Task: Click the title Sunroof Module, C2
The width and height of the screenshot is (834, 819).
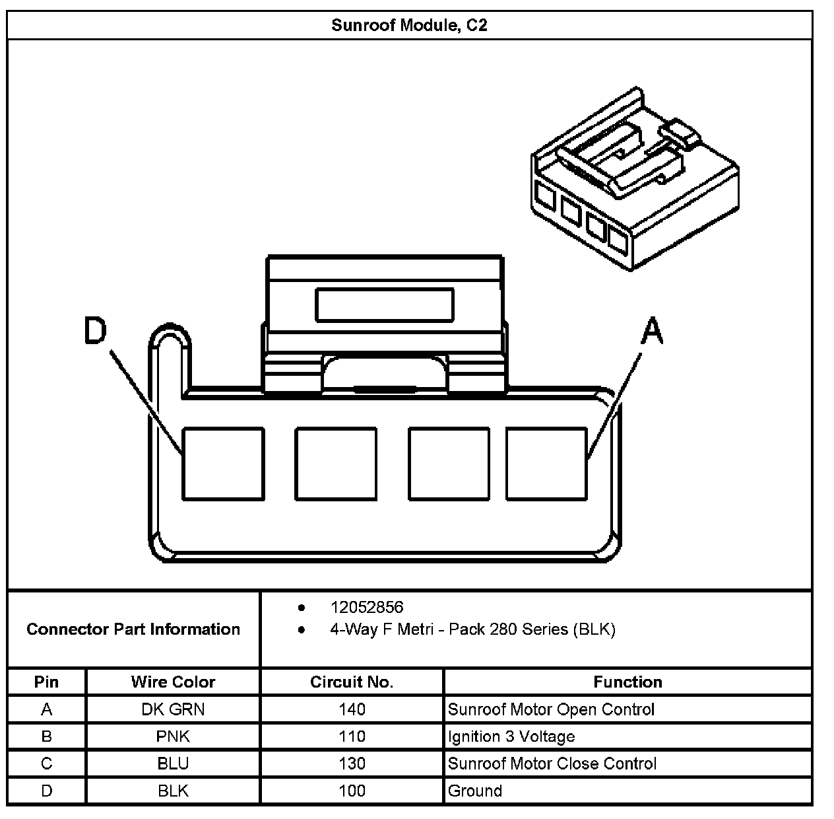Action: point(409,26)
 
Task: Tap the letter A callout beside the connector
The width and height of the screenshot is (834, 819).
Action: point(652,331)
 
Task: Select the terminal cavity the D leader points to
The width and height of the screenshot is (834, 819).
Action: point(223,463)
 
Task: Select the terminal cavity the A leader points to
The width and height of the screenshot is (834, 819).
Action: point(546,463)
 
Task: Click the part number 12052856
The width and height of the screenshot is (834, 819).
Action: point(366,607)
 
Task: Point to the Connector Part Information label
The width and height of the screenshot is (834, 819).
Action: point(133,629)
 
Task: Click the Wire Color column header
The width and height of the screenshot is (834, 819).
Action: point(173,682)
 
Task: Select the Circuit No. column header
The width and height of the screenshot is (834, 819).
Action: point(352,682)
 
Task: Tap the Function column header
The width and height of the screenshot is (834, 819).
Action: point(627,682)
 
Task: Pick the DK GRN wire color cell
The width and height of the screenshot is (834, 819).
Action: point(173,709)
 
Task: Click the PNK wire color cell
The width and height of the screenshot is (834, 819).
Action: point(173,736)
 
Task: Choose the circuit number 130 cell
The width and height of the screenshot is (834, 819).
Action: point(352,764)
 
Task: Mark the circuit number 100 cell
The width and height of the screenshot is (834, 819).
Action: point(352,791)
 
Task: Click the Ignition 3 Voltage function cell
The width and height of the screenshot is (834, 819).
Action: point(511,736)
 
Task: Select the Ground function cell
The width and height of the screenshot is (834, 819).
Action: point(475,791)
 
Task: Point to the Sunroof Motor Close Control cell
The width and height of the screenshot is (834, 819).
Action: point(552,764)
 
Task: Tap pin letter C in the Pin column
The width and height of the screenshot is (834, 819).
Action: point(46,764)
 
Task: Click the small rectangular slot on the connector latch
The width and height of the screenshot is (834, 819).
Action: point(385,305)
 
